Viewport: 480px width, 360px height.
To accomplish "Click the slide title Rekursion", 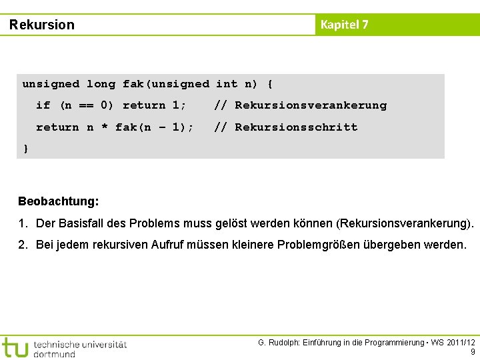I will pos(42,25).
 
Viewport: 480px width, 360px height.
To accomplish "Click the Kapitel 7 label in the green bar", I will pos(344,25).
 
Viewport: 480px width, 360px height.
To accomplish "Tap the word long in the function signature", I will pos(101,84).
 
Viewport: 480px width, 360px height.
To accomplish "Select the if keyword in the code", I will pos(43,105).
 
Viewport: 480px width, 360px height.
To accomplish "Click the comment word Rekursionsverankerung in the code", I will pos(311,105).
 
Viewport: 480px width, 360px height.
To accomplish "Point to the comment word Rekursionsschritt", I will pos(296,127).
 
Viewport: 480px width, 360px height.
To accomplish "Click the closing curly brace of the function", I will pos(25,148).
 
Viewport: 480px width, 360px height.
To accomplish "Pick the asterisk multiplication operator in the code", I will pos(105,128).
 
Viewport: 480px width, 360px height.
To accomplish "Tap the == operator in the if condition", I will pos(87,105).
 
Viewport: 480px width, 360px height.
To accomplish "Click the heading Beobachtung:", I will pos(59,201).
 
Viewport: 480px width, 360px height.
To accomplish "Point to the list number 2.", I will pos(23,245).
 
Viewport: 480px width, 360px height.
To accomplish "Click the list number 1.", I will pos(23,223).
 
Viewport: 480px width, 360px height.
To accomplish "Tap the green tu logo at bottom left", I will pos(15,347).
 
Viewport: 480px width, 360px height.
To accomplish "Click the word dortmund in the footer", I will pos(54,353).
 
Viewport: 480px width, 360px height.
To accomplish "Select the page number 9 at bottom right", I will pos(473,352).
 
